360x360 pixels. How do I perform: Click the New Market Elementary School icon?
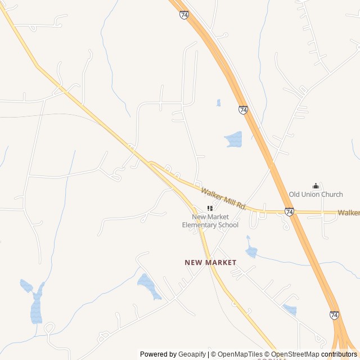pos(210,208)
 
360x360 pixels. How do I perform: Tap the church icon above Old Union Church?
pos(316,186)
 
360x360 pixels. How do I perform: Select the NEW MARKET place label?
pos(210,263)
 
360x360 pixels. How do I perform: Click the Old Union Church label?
pos(316,195)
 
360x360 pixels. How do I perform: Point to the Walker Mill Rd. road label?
pos(224,199)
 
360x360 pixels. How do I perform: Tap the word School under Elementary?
pos(228,225)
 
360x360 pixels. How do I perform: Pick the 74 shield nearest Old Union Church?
pos(289,212)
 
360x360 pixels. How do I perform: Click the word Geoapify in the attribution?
pos(192,354)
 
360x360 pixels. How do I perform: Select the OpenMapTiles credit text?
pos(240,354)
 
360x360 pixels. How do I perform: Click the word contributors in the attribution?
pos(339,354)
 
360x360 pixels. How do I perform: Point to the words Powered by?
pos(158,354)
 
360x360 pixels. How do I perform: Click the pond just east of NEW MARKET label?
pos(251,251)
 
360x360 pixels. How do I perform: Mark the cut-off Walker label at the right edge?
pos(349,213)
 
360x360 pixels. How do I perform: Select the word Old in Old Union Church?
pos(295,195)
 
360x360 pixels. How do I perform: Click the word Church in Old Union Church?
pos(332,195)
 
